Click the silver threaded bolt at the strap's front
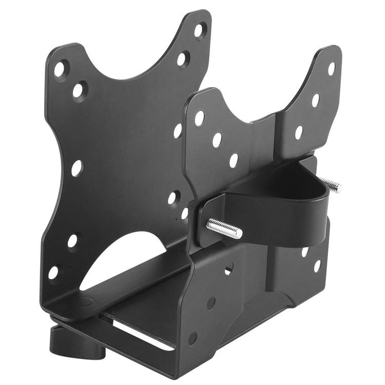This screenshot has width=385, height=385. coord(225,229)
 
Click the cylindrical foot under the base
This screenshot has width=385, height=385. coord(77,341)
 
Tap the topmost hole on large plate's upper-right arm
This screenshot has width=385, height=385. coord(199,30)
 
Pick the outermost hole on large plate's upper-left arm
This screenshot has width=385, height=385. coord(60,68)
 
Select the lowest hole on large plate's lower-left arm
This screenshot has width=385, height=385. coord(54,273)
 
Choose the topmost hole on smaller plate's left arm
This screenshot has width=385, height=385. coord(199,118)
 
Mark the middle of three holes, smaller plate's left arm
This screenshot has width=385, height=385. coord(217,140)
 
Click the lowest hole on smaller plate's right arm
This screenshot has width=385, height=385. coord(317,265)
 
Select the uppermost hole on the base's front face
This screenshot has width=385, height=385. coord(228,268)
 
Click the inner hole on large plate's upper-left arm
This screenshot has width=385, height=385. coord(79,91)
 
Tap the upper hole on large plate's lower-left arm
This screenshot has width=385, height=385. coord(72,241)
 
